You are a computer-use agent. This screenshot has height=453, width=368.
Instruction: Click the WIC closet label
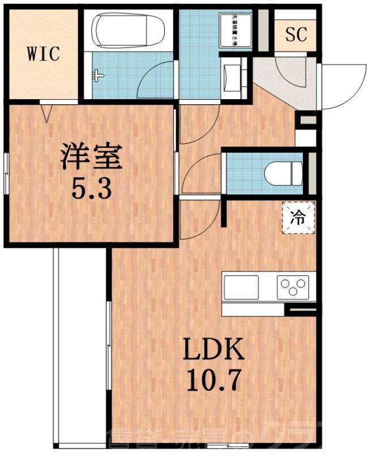click(x=43, y=54)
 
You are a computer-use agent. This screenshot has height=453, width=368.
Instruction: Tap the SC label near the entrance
click(x=296, y=36)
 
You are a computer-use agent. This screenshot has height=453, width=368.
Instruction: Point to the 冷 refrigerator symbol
click(x=298, y=216)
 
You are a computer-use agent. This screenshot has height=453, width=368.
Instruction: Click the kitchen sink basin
click(x=241, y=287)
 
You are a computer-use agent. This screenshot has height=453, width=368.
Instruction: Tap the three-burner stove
click(x=293, y=287)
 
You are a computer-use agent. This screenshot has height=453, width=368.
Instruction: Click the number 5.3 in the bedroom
click(x=92, y=189)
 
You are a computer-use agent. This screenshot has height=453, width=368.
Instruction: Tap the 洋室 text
click(x=92, y=157)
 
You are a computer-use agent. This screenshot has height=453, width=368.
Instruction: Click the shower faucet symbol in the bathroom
click(x=99, y=75)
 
